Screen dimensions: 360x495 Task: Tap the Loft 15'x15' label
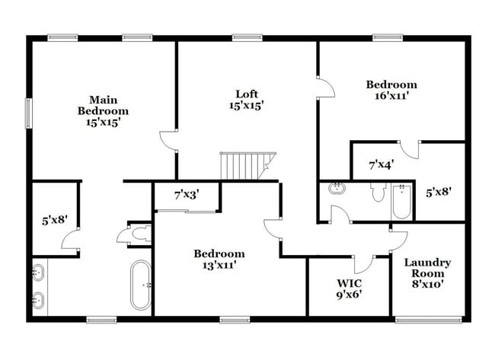pyautogui.click(x=247, y=100)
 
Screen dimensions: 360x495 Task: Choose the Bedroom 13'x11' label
pyautogui.click(x=219, y=259)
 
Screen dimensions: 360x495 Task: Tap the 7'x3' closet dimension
pyautogui.click(x=187, y=196)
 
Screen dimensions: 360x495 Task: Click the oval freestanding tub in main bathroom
pyautogui.click(x=141, y=285)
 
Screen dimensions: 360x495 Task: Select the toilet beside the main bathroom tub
pyautogui.click(x=138, y=235)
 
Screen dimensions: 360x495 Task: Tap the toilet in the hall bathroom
pyautogui.click(x=378, y=192)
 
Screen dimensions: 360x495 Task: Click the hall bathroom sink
pyautogui.click(x=335, y=187)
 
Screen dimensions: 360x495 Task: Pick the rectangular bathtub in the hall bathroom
pyautogui.click(x=401, y=201)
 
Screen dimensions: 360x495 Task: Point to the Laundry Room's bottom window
pyautogui.click(x=428, y=319)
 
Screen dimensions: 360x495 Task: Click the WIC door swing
pyautogui.click(x=363, y=263)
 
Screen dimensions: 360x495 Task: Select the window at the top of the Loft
pyautogui.click(x=247, y=37)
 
